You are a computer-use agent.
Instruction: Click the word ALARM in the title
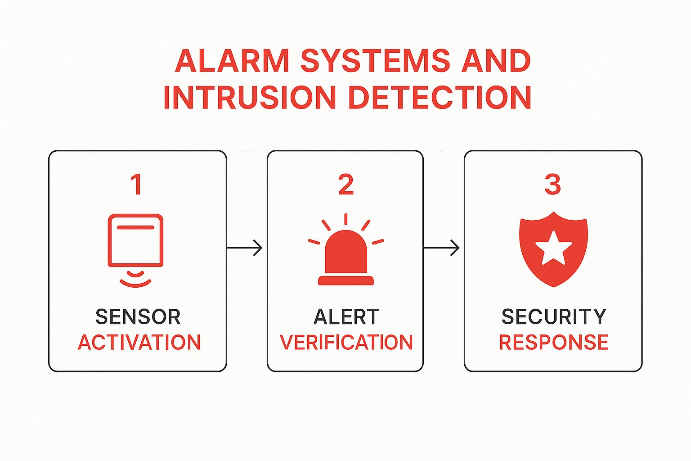[232, 61]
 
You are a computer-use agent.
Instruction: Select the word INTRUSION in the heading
[249, 97]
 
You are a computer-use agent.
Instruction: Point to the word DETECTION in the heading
[440, 97]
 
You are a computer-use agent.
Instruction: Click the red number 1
[136, 185]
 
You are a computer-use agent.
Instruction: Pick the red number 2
[346, 185]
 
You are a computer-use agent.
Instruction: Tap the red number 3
[552, 185]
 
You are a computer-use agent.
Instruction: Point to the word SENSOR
[138, 317]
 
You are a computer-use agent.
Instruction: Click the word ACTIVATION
[139, 343]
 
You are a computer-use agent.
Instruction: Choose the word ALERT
[346, 317]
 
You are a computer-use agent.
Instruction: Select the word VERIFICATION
[346, 343]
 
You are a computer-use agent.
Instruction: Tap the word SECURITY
[554, 317]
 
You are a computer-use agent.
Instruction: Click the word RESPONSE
[554, 343]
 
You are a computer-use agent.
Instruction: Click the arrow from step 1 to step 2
[245, 248]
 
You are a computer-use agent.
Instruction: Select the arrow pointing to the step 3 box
[442, 248]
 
